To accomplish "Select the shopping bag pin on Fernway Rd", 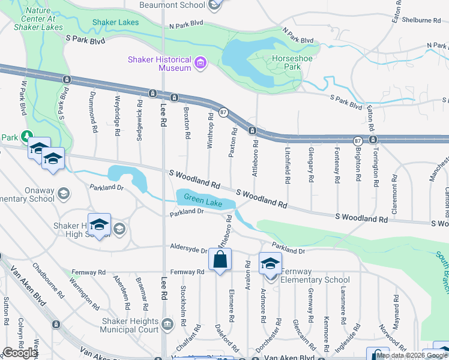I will click(x=220, y=260).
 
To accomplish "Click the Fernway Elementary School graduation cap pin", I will click(x=270, y=263).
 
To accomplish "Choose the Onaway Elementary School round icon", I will click(x=63, y=194).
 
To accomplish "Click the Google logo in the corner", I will click(x=20, y=353).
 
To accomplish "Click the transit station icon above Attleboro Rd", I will click(x=253, y=130).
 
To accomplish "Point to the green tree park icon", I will click(x=26, y=137).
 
